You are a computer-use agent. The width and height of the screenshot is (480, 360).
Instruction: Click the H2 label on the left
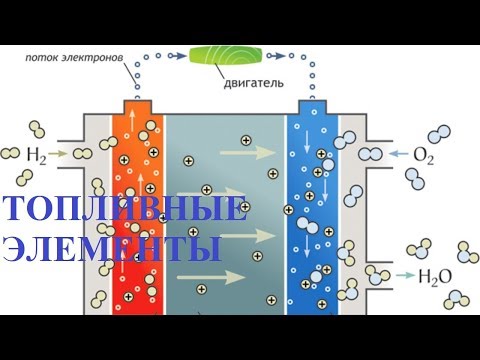point(35,154)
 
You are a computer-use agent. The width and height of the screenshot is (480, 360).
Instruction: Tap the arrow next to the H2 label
point(59,154)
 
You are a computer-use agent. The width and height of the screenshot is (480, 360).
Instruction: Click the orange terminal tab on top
point(141,106)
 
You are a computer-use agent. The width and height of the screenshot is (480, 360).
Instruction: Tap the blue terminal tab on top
point(311,106)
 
